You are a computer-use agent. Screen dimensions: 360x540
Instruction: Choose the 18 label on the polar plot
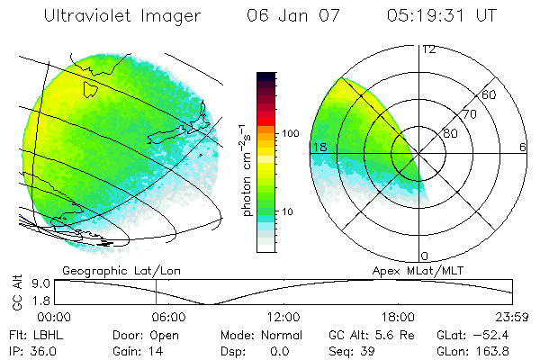[319, 147]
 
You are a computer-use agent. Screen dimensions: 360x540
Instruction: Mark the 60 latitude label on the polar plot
[490, 94]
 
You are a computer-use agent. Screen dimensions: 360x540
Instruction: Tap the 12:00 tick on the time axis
[283, 317]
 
